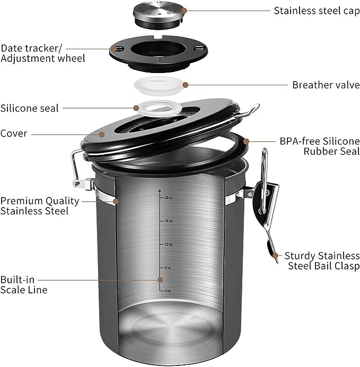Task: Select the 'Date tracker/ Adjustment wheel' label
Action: [x=43, y=52]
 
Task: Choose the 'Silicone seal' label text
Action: [x=30, y=108]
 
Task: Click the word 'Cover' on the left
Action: [x=14, y=133]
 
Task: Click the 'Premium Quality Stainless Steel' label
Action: [x=40, y=205]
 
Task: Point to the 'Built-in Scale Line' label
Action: [x=24, y=284]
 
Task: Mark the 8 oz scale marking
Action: [x=168, y=268]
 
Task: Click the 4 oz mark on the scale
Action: [x=168, y=291]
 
